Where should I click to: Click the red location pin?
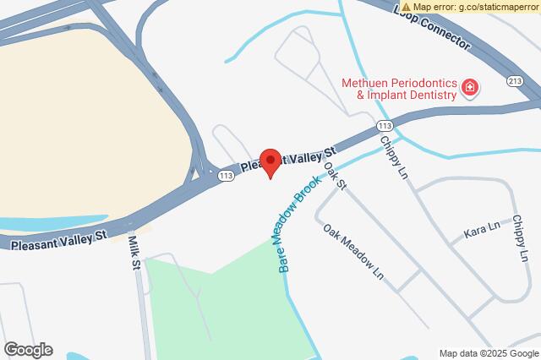[x=270, y=161]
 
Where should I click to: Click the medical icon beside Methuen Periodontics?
[x=470, y=88]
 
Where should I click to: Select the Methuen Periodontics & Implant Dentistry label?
[x=399, y=90]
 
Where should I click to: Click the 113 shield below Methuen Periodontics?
[x=382, y=125]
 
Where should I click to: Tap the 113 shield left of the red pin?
[x=225, y=176]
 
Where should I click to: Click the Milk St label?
[x=134, y=253]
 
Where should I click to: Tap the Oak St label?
[x=336, y=175]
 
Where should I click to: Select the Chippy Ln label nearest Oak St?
[x=395, y=156]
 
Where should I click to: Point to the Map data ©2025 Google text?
[x=489, y=353]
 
